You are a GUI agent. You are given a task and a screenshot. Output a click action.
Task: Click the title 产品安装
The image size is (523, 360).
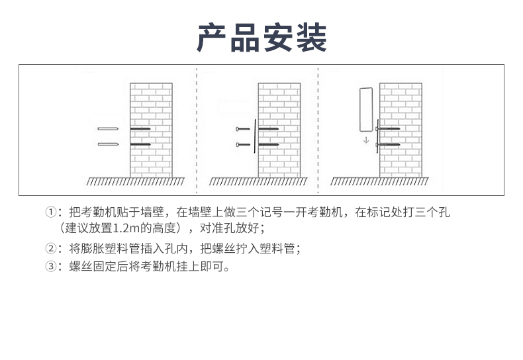pyautogui.click(x=261, y=37)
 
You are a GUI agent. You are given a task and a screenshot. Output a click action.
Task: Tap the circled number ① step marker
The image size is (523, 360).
pyautogui.click(x=51, y=212)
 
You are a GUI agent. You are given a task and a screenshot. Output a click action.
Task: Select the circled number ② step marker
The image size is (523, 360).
pyautogui.click(x=51, y=248)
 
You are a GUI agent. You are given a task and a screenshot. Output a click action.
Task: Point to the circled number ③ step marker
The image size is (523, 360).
pyautogui.click(x=51, y=266)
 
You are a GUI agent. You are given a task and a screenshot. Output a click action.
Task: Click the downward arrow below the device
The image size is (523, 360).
pyautogui.click(x=366, y=140)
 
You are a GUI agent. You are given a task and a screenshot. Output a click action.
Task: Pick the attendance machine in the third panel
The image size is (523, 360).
pyautogui.click(x=366, y=110)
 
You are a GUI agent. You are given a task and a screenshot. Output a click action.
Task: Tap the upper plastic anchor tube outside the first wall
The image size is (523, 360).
pyautogui.click(x=108, y=128)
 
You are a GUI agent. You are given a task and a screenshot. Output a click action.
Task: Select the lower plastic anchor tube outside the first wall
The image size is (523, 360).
pyautogui.click(x=108, y=144)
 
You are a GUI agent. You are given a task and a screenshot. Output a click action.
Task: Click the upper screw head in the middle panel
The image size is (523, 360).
pyautogui.click(x=238, y=129)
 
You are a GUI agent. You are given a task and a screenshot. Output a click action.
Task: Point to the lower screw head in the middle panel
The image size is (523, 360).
pyautogui.click(x=238, y=145)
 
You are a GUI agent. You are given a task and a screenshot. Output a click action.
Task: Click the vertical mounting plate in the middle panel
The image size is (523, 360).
pyautogui.click(x=255, y=136)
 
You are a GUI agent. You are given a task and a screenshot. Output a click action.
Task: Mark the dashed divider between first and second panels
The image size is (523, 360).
pyautogui.click(x=197, y=130)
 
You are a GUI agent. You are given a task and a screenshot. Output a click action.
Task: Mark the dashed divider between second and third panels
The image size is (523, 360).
pyautogui.click(x=318, y=130)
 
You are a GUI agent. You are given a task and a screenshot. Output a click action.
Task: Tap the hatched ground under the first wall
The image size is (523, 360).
pyautogui.click(x=136, y=181)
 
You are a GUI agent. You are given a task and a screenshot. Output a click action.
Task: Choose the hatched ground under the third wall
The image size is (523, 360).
pyautogui.click(x=379, y=181)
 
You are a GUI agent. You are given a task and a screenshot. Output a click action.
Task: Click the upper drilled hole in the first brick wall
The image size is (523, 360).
pyautogui.click(x=140, y=128)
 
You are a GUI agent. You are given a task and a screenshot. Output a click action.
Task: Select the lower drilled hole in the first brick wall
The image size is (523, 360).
pyautogui.click(x=140, y=144)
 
